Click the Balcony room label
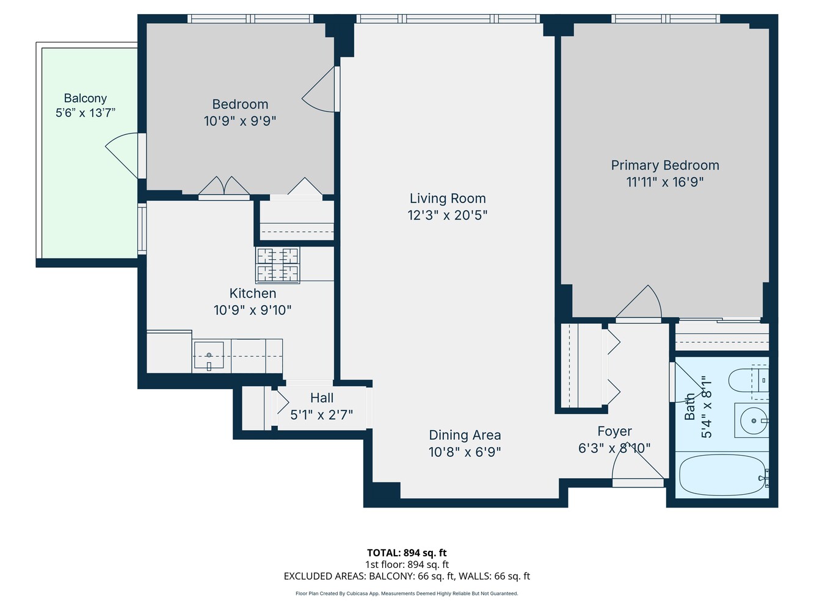85,98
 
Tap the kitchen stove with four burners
278,265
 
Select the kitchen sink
208,356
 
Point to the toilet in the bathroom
746,380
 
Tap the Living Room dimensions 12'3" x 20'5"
447,215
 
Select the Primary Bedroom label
665,165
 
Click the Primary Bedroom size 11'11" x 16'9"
665,182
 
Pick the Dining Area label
465,435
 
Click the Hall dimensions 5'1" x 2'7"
321,415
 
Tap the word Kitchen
253,293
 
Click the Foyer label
614,431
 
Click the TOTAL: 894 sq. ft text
407,553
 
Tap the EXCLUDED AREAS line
407,576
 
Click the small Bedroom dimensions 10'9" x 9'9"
240,121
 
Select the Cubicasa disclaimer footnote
407,594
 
